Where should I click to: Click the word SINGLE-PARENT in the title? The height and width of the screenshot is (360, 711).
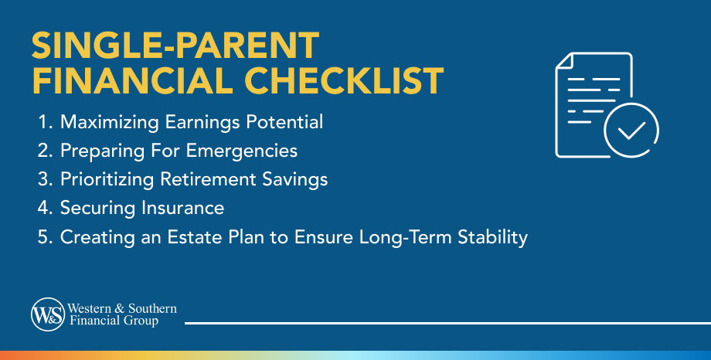coord(175,47)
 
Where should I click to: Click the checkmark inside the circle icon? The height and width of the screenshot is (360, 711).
coord(631,130)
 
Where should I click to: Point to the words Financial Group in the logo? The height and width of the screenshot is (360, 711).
coord(116,321)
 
